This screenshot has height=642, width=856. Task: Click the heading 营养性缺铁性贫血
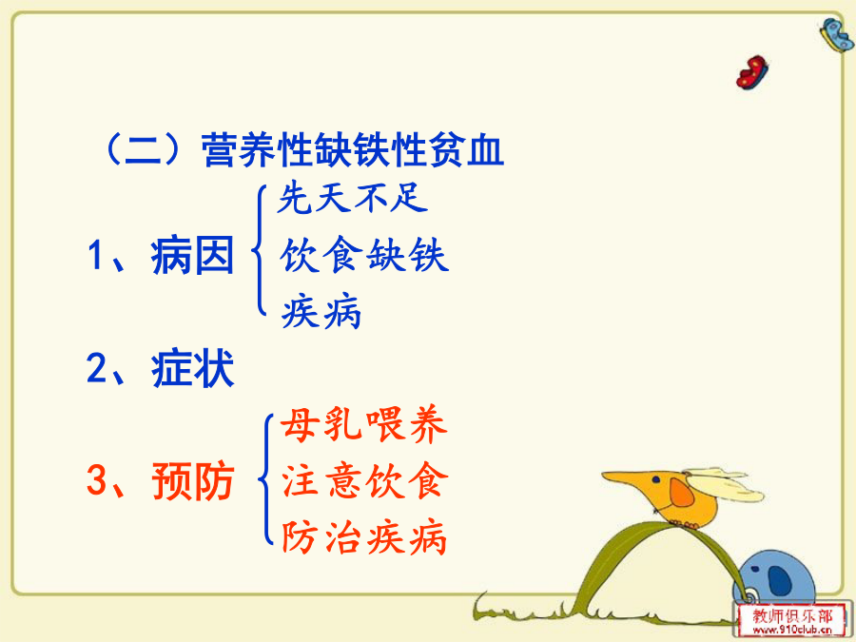click(353, 149)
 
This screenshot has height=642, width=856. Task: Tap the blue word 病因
click(193, 255)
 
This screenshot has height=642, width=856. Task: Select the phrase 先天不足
click(352, 197)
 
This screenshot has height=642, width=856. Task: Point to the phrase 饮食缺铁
click(364, 254)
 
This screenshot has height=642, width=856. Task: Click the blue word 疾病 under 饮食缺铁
click(321, 312)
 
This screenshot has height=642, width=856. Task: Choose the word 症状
click(193, 368)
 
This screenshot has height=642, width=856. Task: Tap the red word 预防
click(193, 481)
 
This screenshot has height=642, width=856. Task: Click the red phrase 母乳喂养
click(364, 424)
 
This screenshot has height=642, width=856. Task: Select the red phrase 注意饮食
click(364, 481)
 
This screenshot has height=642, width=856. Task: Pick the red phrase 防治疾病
click(364, 537)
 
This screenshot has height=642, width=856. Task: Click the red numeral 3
click(97, 480)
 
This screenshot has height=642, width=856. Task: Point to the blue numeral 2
click(97, 368)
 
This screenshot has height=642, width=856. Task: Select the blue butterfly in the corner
click(837, 34)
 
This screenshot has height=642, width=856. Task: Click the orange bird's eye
click(655, 480)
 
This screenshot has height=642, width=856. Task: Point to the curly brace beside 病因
click(259, 250)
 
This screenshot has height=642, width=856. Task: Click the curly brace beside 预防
click(266, 479)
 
